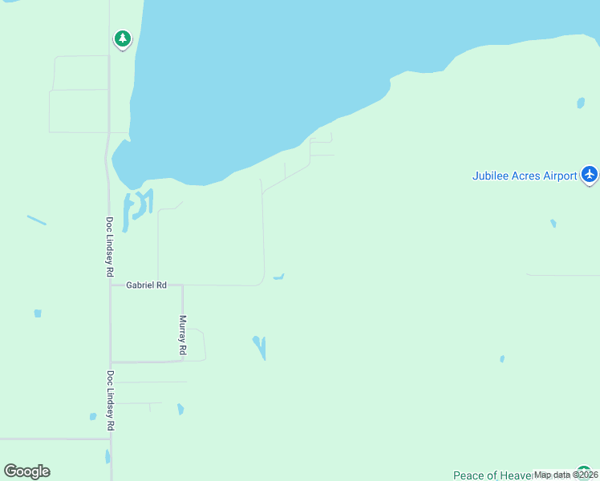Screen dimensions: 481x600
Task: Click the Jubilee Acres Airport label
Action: tap(525, 176)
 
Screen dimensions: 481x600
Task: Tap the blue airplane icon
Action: tap(590, 174)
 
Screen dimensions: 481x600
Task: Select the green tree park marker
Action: tap(122, 38)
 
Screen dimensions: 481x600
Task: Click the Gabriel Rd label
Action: tap(146, 285)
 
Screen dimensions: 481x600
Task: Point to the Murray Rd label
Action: tap(183, 335)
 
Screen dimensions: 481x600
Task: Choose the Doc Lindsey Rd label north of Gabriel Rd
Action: tap(110, 247)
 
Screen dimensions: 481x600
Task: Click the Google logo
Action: tap(26, 471)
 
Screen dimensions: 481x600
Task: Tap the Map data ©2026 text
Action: tap(566, 475)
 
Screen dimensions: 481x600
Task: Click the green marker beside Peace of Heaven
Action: tap(582, 473)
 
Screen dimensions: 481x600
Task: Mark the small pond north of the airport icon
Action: tap(580, 103)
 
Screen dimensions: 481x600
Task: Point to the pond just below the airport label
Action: tap(553, 223)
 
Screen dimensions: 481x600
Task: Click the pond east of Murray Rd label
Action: tap(260, 347)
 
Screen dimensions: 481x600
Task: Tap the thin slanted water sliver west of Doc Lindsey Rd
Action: tap(36, 220)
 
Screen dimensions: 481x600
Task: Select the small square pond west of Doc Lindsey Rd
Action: tap(38, 313)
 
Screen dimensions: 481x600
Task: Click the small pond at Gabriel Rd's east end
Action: tap(278, 277)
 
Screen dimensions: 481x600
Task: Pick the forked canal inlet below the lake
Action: tap(139, 204)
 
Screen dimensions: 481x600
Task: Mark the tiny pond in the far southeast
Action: tap(502, 358)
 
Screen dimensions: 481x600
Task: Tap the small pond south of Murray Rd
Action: tap(180, 409)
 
